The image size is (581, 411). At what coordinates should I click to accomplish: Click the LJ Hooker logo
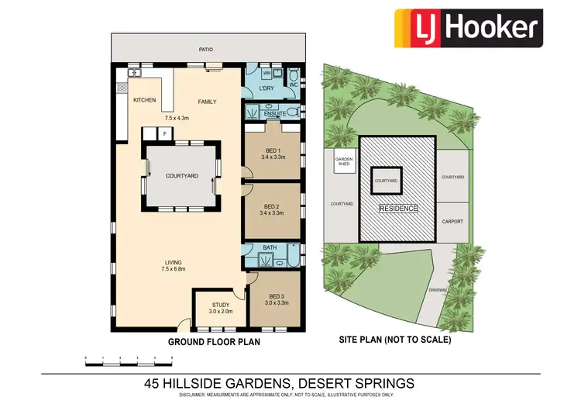[x=467, y=26]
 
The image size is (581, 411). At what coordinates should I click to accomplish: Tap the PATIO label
[x=205, y=49]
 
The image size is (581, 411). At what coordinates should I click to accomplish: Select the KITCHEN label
[x=145, y=101]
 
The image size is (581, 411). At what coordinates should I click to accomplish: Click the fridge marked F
[x=164, y=134]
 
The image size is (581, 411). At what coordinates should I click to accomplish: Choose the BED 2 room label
[x=270, y=206]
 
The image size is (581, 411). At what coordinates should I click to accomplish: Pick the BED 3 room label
[x=277, y=296]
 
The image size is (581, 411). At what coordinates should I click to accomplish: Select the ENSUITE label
[x=275, y=114]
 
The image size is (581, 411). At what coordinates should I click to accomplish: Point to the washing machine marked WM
[x=267, y=73]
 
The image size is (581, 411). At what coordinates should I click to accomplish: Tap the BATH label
[x=270, y=248]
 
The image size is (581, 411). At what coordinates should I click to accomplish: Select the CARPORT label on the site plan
[x=452, y=221]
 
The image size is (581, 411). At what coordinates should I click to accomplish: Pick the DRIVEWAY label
[x=438, y=290]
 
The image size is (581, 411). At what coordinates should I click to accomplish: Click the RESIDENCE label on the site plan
[x=399, y=209]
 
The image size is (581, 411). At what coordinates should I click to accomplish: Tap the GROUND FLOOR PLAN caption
[x=215, y=340]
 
